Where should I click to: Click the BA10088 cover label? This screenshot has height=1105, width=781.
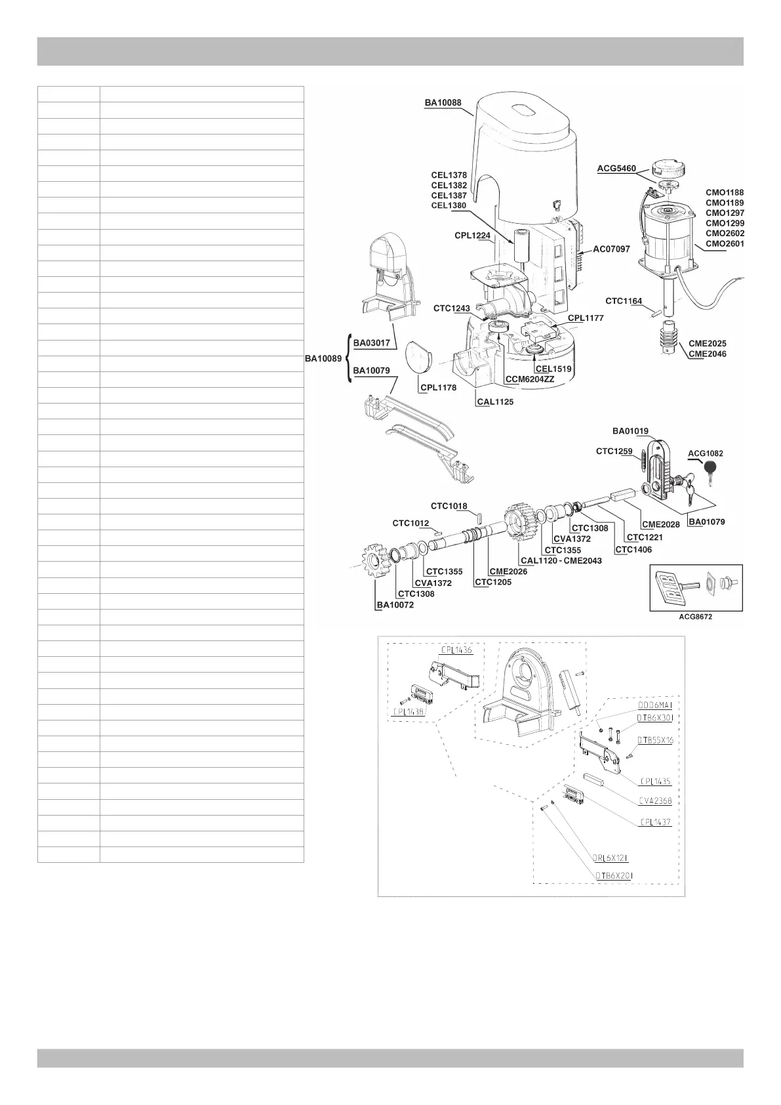coord(443,103)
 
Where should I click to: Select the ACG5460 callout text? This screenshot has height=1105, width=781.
coord(616,169)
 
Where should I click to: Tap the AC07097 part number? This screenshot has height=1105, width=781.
coord(611,249)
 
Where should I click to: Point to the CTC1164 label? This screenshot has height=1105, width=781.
coord(624,301)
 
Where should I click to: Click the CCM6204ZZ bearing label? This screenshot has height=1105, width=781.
coord(529,379)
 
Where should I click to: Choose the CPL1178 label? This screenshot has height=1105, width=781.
coord(438,388)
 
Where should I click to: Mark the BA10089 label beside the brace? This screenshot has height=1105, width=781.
coord(323,359)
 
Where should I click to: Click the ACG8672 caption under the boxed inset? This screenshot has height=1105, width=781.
coord(696,617)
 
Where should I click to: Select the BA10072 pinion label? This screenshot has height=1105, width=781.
coord(395,605)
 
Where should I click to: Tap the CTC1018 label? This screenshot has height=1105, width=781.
coord(449,506)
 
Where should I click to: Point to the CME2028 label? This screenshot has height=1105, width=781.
coord(661,524)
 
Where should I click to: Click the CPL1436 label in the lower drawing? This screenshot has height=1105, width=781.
coord(456,650)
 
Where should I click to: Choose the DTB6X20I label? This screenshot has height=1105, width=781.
coord(614,875)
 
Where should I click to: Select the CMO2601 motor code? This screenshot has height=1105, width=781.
coord(725,244)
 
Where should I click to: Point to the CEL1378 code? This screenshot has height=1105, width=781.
coord(449,175)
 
